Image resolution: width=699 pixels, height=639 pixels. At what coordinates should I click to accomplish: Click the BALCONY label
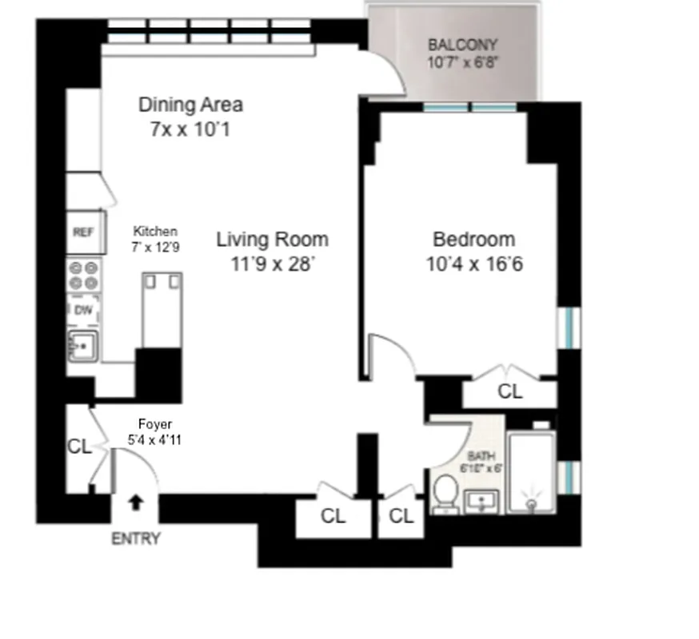(x=462, y=46)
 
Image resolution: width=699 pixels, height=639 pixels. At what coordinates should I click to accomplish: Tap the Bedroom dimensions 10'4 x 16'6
(x=474, y=264)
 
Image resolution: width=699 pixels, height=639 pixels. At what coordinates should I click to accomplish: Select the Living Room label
(x=272, y=239)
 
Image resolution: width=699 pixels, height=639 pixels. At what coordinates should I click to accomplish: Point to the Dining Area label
(x=190, y=105)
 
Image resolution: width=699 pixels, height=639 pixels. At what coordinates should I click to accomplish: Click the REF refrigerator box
(x=83, y=232)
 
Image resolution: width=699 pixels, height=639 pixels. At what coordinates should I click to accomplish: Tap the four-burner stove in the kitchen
(x=83, y=276)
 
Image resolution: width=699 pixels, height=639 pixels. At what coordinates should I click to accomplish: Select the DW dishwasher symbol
(x=83, y=312)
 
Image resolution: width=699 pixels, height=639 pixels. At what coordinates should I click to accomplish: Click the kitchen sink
(x=82, y=346)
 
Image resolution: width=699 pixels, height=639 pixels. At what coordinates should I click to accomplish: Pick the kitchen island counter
(x=162, y=309)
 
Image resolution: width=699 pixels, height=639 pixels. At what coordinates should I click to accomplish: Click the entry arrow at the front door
(x=136, y=502)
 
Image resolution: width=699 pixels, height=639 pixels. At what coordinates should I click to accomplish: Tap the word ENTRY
(x=135, y=538)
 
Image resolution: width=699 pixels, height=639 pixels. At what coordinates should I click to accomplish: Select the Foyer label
(x=154, y=424)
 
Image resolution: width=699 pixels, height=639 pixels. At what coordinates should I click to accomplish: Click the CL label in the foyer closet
(x=79, y=447)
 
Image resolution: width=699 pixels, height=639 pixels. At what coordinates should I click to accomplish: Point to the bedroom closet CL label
(x=509, y=391)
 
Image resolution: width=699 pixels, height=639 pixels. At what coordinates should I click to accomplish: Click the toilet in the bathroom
(x=445, y=494)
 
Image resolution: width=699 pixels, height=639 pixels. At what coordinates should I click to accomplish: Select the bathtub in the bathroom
(x=531, y=471)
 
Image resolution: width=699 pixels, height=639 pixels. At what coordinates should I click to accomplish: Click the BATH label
(x=481, y=455)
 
